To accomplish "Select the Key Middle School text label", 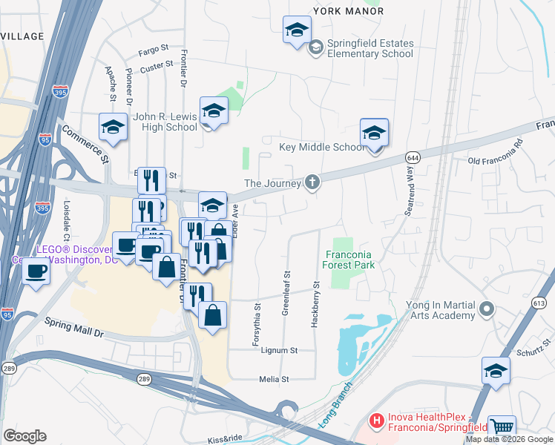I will [321, 147].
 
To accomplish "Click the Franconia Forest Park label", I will [342, 260].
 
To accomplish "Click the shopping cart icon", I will [502, 426].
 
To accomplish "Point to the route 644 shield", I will [413, 158].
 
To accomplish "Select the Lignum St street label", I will [277, 350].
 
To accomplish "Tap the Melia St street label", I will [273, 379].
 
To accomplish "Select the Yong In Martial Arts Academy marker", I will [487, 308].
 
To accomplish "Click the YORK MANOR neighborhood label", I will [349, 11].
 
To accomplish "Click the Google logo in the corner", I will [24, 435].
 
